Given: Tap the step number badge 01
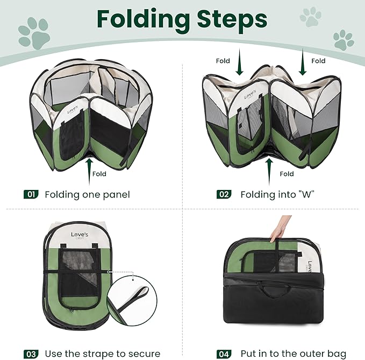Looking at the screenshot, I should pos(31,194).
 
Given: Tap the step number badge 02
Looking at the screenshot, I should pos(224,194).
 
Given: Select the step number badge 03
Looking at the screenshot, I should pos(31,354).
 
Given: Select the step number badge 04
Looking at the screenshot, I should pos(224,354).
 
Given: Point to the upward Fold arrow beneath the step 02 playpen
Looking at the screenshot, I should pos(267,166).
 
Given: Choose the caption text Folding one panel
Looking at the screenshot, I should pos(87,194).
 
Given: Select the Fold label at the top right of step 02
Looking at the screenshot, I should pos(318,61).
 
